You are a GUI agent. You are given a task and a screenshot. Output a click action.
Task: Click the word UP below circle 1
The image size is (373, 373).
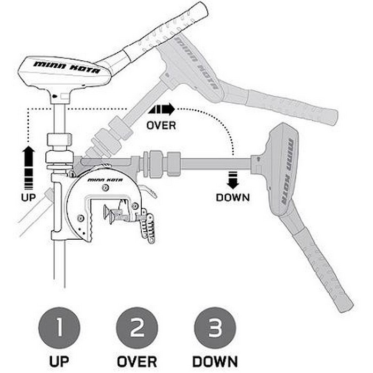(x=59, y=361)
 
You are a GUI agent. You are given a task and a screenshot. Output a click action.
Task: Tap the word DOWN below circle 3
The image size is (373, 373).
(x=215, y=361)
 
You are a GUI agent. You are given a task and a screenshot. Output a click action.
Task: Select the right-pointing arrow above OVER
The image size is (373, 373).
(x=161, y=110)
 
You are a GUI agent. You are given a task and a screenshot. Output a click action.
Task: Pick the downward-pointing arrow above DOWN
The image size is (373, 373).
(x=233, y=180)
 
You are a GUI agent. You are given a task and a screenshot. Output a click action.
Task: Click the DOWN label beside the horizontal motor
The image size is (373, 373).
(x=233, y=197)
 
